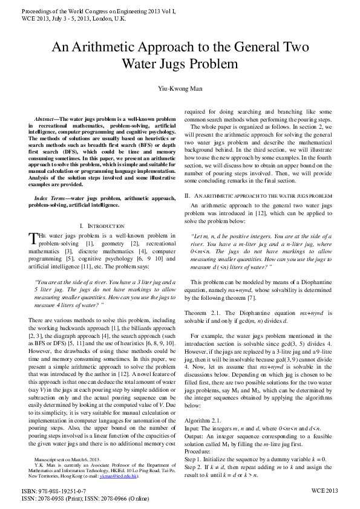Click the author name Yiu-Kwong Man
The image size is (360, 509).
pos(180,88)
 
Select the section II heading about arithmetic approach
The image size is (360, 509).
pos(258,196)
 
